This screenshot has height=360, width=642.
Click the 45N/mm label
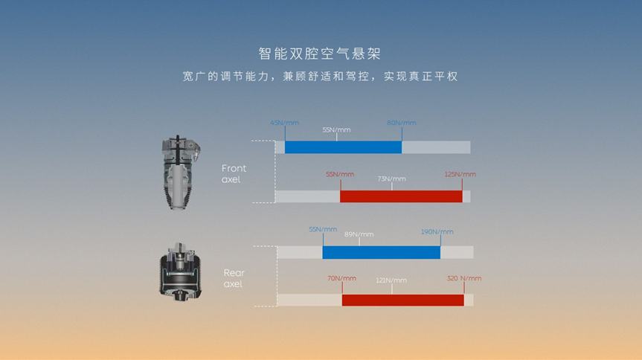pyautogui.click(x=285, y=123)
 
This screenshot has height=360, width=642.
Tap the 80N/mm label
pyautogui.click(x=402, y=123)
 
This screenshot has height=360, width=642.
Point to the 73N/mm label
pyautogui.click(x=391, y=179)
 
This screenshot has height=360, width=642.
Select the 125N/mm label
pyautogui.click(x=460, y=175)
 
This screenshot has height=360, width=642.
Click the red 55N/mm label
pyautogui.click(x=340, y=175)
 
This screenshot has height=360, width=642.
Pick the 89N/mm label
pyautogui.click(x=359, y=235)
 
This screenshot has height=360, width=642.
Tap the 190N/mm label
pyautogui.click(x=437, y=232)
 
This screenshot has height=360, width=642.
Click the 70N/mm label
pyautogui.click(x=341, y=278)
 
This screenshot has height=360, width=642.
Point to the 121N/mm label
pyautogui.click(x=391, y=280)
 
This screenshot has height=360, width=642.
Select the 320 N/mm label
pyautogui.click(x=464, y=278)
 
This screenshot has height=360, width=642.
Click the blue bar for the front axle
pyautogui.click(x=343, y=147)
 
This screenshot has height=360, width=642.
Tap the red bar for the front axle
pyautogui.click(x=401, y=196)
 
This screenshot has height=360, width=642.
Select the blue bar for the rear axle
pyautogui.click(x=382, y=253)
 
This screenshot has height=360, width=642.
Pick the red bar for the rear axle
pyautogui.click(x=403, y=300)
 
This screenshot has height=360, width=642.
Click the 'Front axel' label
pyautogui.click(x=234, y=174)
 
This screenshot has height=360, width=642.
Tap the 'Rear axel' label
pyautogui.click(x=234, y=278)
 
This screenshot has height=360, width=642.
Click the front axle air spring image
pyautogui.click(x=180, y=173)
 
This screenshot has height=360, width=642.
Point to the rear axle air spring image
pyautogui.click(x=180, y=272)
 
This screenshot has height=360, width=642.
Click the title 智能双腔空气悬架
pyautogui.click(x=320, y=54)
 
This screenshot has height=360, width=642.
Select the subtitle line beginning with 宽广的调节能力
pyautogui.click(x=320, y=77)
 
